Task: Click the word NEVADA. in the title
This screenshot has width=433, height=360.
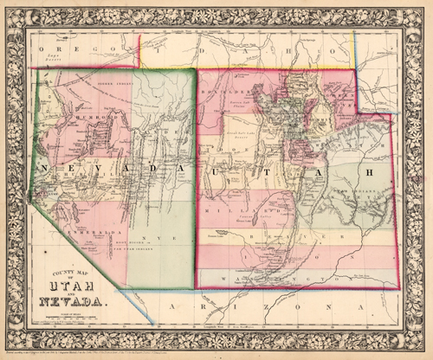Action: [72, 302]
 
